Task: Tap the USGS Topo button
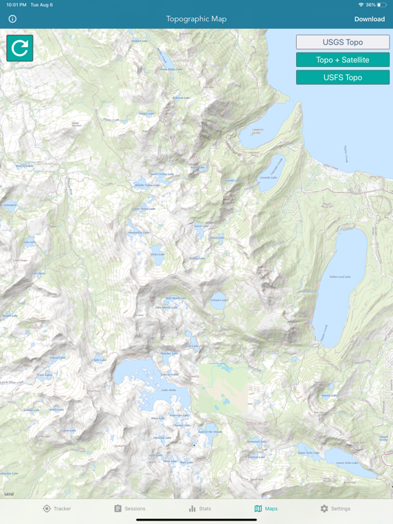(343, 42)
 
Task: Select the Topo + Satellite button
(343, 60)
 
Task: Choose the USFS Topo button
(343, 78)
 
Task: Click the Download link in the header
(369, 19)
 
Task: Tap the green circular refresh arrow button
(20, 48)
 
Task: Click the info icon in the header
(12, 19)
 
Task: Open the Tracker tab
(57, 508)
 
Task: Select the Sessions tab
(130, 508)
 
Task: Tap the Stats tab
(200, 508)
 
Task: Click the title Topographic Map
(196, 19)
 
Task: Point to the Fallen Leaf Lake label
(339, 276)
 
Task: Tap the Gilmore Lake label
(219, 300)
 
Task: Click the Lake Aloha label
(168, 390)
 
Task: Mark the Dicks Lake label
(158, 254)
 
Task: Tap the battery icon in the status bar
(382, 5)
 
